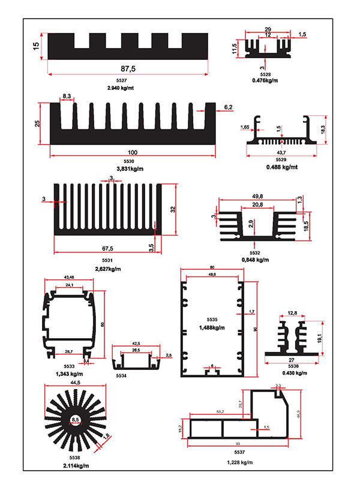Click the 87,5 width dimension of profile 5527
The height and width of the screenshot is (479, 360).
click(128, 69)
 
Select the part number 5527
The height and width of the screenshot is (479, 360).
click(121, 81)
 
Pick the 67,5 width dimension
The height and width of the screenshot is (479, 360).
click(107, 248)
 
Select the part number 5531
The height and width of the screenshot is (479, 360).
click(107, 261)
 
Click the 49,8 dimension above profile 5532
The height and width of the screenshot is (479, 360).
click(259, 197)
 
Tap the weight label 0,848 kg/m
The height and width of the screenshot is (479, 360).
click(255, 260)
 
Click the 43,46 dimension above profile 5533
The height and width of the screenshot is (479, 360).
click(70, 277)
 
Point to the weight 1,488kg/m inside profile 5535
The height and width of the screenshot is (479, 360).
click(213, 327)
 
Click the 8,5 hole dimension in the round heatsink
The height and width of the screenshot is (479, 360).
click(76, 419)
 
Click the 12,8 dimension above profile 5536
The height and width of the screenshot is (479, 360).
click(292, 313)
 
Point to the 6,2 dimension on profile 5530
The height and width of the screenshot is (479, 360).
click(228, 107)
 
